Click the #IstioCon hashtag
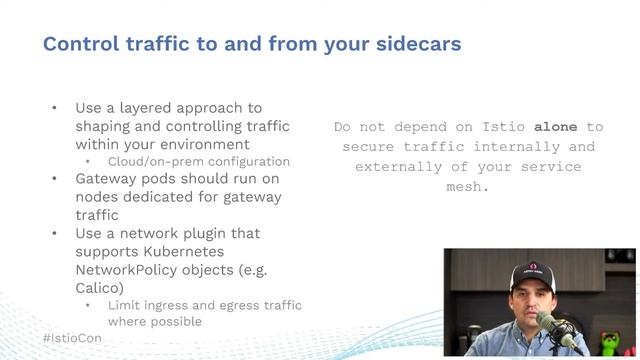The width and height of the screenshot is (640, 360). (x=72, y=338)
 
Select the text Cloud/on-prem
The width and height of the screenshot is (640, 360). (x=143, y=161)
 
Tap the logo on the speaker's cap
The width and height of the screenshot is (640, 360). (x=534, y=268)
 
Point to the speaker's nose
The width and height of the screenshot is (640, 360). (x=534, y=303)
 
